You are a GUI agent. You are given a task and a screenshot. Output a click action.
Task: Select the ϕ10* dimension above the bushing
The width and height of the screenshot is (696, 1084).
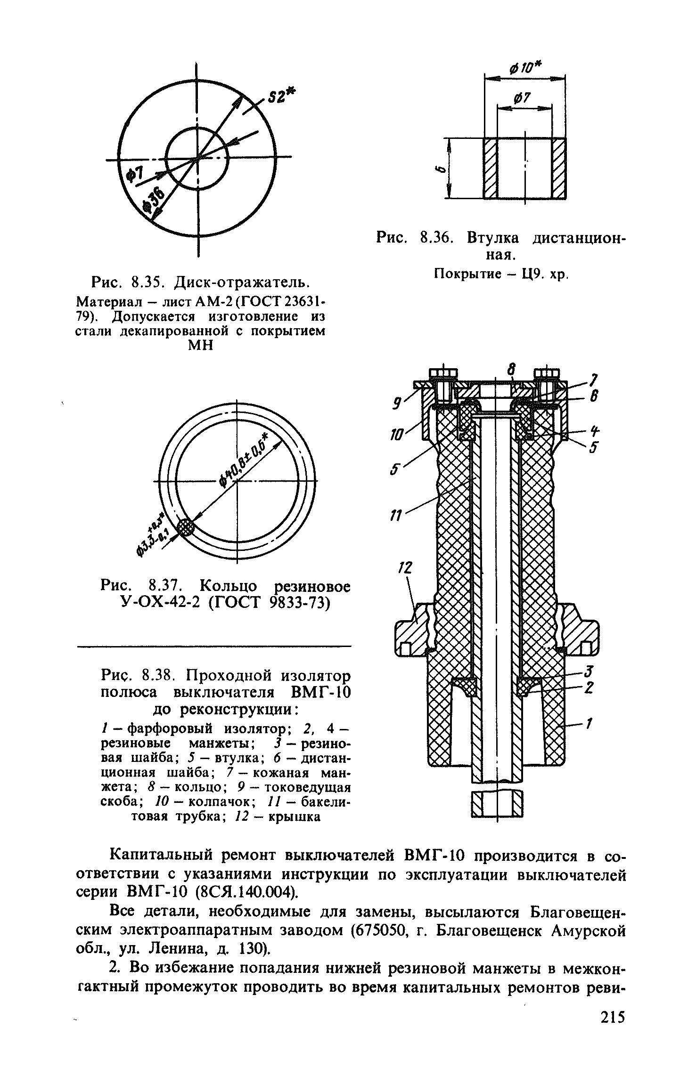tap(525, 69)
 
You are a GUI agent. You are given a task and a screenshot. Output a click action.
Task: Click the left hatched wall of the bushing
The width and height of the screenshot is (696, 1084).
tap(491, 168)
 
